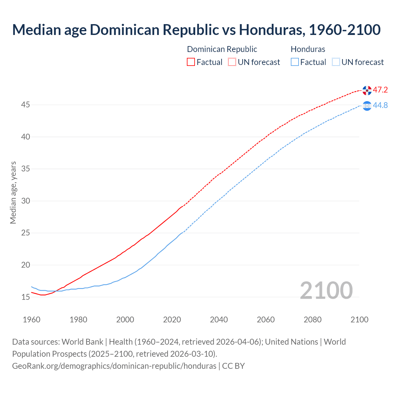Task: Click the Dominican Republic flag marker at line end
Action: pos(367,90)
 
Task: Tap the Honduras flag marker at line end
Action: pos(367,106)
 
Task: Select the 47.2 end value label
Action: pos(380,90)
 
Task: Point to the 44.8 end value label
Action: pos(380,105)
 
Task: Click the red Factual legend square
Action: pos(191,62)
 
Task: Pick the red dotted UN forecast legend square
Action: pos(232,62)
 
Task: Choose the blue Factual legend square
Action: pos(295,62)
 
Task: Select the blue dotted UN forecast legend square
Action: pos(336,62)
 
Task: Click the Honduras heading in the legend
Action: pos(308,49)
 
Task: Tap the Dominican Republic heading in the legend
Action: pos(222,49)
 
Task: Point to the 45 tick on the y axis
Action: pos(25,105)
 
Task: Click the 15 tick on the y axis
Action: pos(25,297)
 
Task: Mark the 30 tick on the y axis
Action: pos(25,201)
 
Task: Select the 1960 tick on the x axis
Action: pos(32,320)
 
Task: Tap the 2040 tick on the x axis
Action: pos(219,320)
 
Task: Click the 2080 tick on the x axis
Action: pos(312,320)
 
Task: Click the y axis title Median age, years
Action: pos(13,192)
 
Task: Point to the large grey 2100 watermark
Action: pos(326,290)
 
